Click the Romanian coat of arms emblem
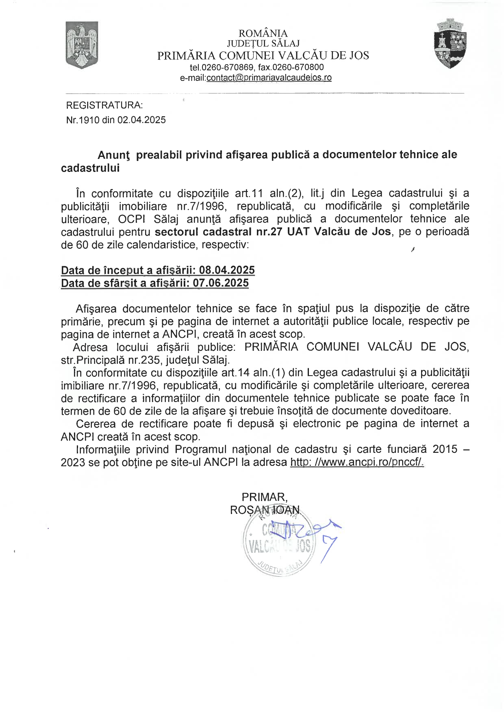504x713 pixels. tap(82, 45)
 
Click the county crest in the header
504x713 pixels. tap(451, 43)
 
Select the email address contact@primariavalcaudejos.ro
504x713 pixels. tap(269, 78)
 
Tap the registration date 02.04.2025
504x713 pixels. tap(141, 120)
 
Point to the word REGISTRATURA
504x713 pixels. tap(104, 105)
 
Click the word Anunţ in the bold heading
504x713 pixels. tap(114, 155)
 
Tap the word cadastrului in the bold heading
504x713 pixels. tap(90, 168)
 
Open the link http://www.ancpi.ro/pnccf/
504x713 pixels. tap(357, 462)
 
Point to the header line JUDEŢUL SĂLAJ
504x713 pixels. tap(263, 43)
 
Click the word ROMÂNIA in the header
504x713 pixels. tap(263, 33)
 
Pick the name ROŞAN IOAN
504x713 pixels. tap(265, 510)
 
